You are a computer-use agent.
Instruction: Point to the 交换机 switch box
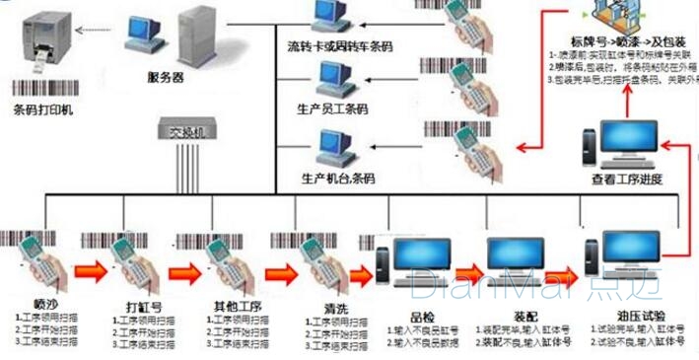pyautogui.click(x=180, y=130)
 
